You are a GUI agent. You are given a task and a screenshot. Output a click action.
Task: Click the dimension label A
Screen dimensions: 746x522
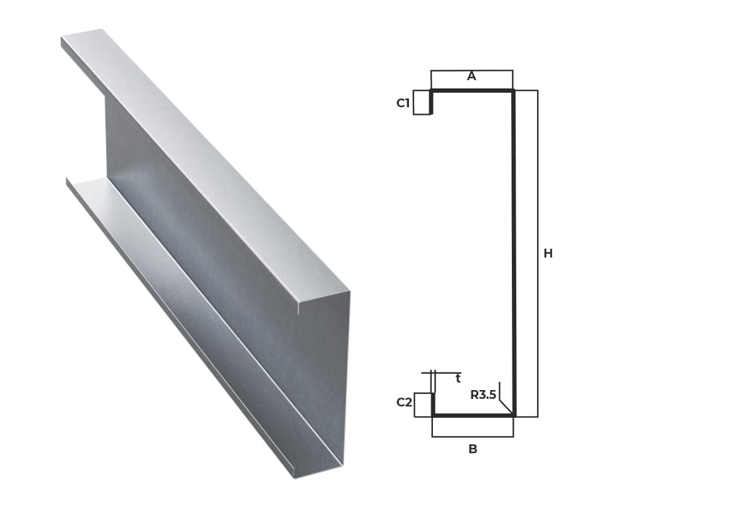pyautogui.click(x=471, y=76)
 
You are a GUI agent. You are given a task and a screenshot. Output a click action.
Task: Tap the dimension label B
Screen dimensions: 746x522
pyautogui.click(x=473, y=449)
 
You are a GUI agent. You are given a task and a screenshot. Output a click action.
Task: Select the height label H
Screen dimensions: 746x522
pyautogui.click(x=548, y=254)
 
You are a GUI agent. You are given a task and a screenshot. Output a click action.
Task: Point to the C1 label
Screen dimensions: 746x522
pyautogui.click(x=403, y=103)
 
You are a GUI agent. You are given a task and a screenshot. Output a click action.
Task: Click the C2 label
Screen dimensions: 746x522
pyautogui.click(x=404, y=402)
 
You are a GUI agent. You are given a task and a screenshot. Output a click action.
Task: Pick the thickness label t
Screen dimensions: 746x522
pyautogui.click(x=458, y=378)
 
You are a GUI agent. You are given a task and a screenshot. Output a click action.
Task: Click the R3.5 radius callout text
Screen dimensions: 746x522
pyautogui.click(x=483, y=394)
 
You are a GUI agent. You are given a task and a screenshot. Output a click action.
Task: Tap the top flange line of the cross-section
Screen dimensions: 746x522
pyautogui.click(x=472, y=90)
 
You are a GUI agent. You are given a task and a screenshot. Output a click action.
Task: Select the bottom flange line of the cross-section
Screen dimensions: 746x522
pyautogui.click(x=473, y=415)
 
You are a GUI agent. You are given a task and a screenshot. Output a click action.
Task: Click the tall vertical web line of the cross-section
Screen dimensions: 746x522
pyautogui.click(x=514, y=252)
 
